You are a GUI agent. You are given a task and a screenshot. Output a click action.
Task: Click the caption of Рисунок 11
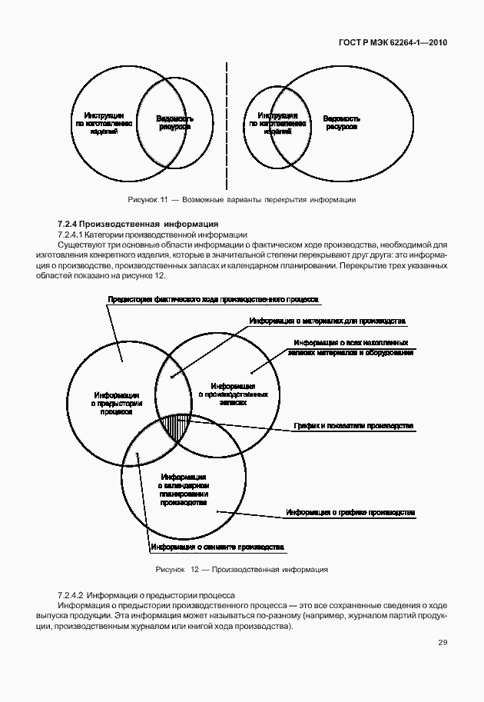tap(241, 199)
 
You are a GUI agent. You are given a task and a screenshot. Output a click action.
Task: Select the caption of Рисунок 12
tap(241, 570)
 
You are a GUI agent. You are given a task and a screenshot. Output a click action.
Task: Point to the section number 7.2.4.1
tap(75, 234)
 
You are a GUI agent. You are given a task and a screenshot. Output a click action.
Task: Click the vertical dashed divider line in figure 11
tap(227, 123)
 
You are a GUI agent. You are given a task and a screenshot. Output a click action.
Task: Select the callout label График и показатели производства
tap(353, 425)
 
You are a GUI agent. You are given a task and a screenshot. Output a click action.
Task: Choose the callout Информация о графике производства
tap(350, 511)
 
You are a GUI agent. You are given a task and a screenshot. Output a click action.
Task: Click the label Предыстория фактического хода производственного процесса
tap(213, 298)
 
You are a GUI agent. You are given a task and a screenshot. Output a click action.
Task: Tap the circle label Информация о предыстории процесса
tap(113, 402)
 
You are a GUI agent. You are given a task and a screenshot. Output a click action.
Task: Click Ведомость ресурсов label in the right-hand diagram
tap(341, 123)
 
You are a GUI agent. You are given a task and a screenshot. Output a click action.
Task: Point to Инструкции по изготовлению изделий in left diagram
tap(104, 123)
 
